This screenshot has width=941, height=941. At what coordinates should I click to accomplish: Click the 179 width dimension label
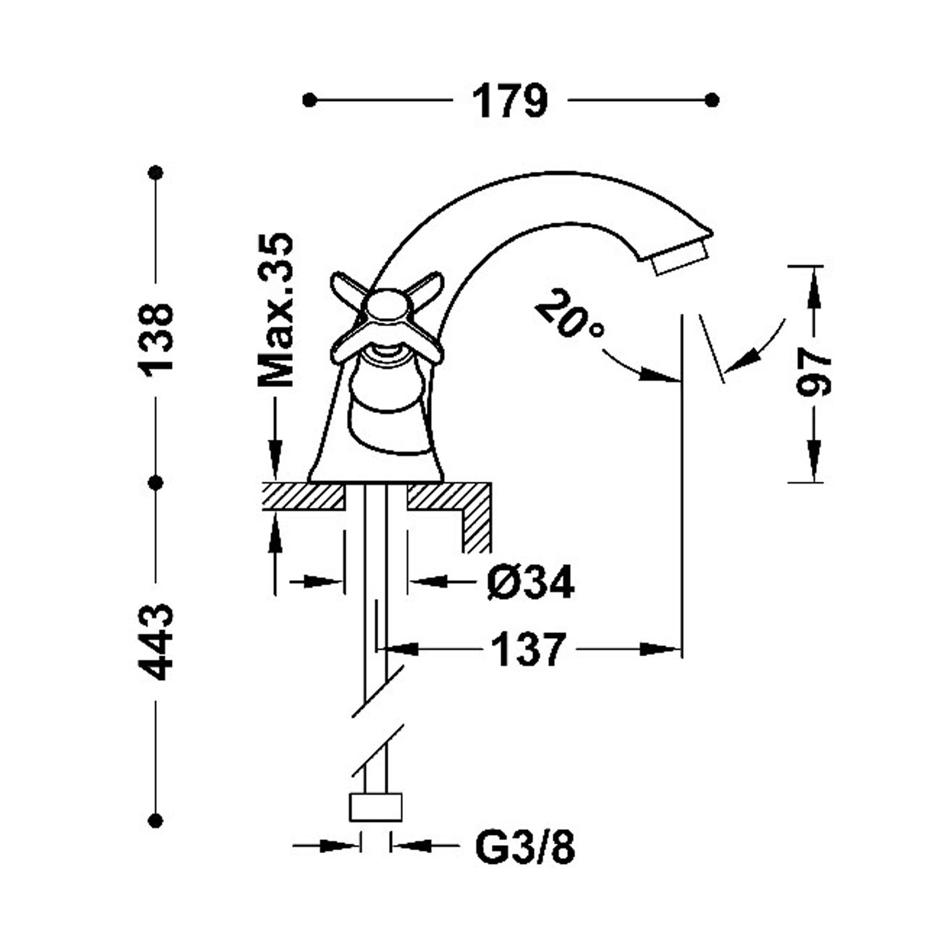click(x=510, y=101)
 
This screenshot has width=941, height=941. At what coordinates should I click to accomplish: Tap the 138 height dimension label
click(x=156, y=339)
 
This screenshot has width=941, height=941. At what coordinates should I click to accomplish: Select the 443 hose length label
click(x=155, y=642)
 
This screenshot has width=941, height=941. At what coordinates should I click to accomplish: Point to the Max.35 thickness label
click(x=276, y=310)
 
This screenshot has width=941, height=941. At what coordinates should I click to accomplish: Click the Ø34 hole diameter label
click(x=531, y=583)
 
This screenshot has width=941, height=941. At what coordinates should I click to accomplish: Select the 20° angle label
click(x=568, y=312)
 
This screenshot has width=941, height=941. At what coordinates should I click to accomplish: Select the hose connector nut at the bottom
click(x=375, y=806)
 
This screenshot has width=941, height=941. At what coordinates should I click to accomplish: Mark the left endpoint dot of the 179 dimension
click(x=309, y=100)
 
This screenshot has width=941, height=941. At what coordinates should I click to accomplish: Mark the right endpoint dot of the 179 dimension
click(x=712, y=100)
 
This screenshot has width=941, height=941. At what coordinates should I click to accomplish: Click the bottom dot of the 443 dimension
click(x=156, y=820)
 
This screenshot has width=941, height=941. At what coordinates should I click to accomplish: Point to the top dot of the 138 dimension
click(x=156, y=172)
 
